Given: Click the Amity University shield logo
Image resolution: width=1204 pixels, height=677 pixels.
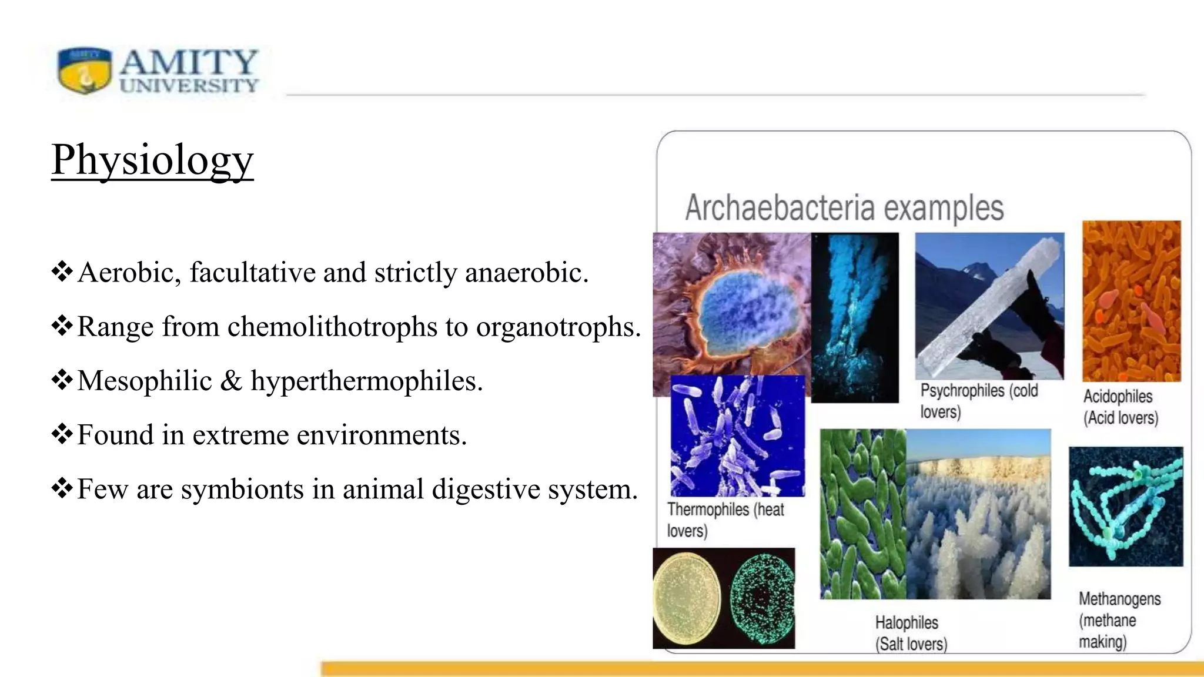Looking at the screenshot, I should [x=85, y=71].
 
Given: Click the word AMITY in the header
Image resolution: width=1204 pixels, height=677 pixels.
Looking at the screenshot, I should [x=189, y=62].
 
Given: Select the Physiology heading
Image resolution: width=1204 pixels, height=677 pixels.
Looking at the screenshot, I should [x=152, y=159].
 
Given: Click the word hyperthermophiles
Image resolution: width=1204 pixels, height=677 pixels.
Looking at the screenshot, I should [x=366, y=381].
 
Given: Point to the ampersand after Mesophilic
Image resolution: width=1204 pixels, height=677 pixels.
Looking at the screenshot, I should [x=231, y=381].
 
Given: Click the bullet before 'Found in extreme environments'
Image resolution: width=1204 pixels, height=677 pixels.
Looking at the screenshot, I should [x=62, y=435].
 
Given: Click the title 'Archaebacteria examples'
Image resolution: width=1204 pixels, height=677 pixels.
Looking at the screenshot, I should [x=844, y=208].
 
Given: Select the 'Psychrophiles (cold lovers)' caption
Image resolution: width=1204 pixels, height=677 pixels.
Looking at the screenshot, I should [x=978, y=401].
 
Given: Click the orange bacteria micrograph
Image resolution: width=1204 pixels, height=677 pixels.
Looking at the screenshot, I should [x=1131, y=301].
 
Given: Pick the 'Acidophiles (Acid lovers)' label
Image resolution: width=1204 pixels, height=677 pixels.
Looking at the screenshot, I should [x=1121, y=407].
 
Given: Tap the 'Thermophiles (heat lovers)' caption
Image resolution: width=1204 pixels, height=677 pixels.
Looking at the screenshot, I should [x=724, y=520].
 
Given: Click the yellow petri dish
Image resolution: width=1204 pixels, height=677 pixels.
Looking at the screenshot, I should [x=687, y=598].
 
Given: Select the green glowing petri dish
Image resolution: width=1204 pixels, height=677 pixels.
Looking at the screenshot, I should [x=762, y=598].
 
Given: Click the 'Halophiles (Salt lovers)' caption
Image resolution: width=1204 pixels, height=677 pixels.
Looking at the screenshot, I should [x=911, y=633].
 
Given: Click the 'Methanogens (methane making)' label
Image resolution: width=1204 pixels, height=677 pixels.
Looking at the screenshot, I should [x=1118, y=620].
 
